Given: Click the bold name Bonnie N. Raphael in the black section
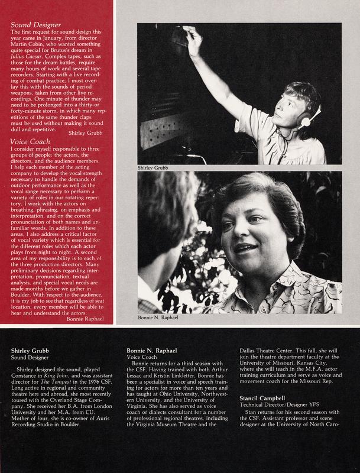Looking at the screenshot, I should click(x=151, y=351).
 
